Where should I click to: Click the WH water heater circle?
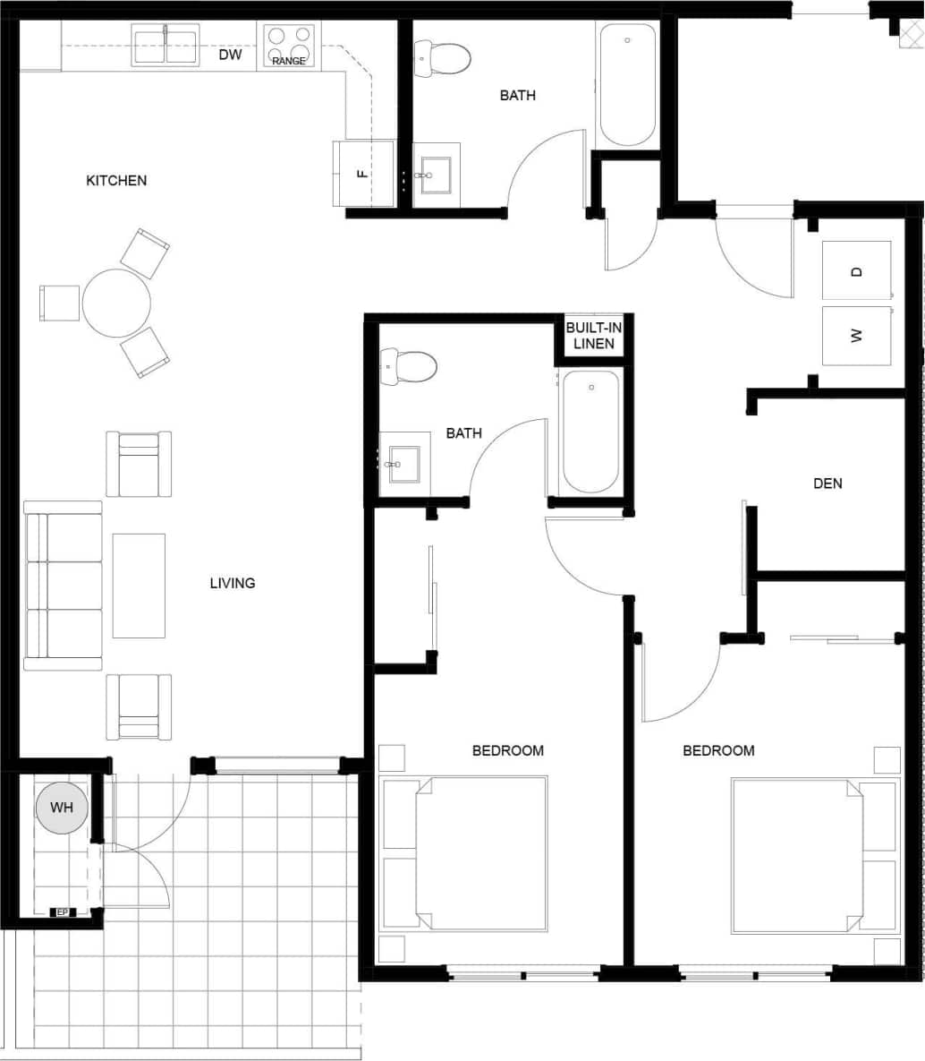(62, 809)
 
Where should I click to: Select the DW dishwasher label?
(230, 56)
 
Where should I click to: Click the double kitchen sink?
(165, 46)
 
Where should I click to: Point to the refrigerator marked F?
(363, 173)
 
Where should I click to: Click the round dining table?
(116, 304)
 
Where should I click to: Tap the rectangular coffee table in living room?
(139, 586)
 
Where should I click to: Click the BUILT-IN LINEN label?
(593, 336)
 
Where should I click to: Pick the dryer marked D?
(856, 270)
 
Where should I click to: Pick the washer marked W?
(856, 336)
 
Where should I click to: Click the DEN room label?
(827, 483)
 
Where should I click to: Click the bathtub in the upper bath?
(627, 85)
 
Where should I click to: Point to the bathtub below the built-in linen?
(590, 432)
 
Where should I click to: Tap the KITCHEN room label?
(116, 181)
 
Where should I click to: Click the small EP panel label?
(62, 912)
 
